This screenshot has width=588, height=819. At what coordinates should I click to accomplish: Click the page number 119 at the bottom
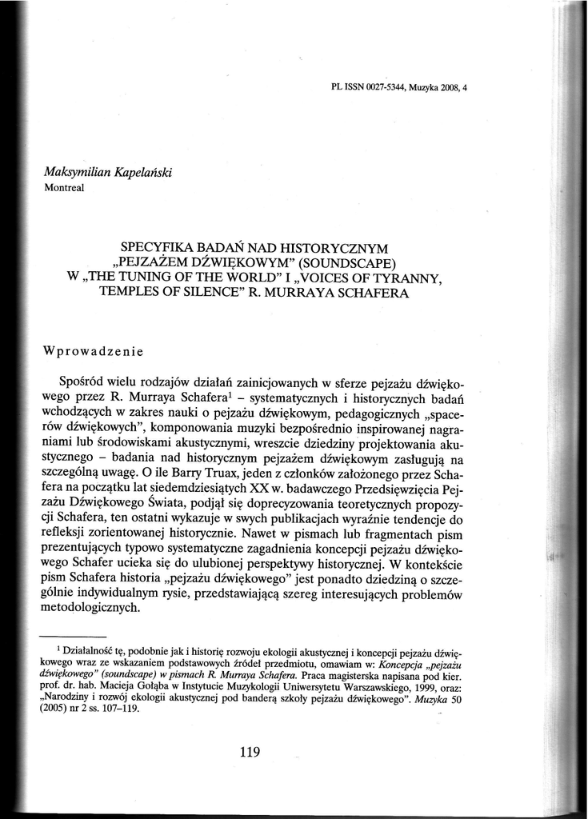tap(250, 751)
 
